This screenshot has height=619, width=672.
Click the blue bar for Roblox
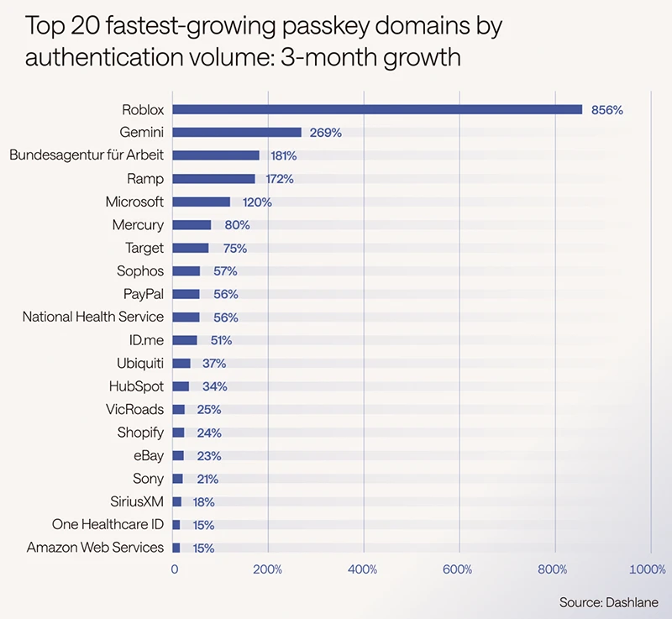(x=377, y=109)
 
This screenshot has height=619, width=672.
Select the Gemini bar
(x=237, y=133)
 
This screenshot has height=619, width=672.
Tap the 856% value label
(x=606, y=110)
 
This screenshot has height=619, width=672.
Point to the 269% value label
(x=325, y=133)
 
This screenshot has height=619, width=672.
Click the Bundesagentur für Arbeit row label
(x=87, y=155)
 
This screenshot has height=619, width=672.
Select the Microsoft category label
(x=134, y=202)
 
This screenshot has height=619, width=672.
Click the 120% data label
(x=255, y=202)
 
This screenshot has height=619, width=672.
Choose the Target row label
(x=144, y=248)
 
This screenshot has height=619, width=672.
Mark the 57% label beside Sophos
(x=225, y=271)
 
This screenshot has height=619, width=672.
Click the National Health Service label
(x=93, y=317)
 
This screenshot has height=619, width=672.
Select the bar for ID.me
(x=185, y=340)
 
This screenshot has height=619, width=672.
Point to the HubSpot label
(x=137, y=386)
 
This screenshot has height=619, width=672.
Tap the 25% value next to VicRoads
(x=208, y=410)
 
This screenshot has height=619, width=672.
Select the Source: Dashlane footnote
(x=609, y=602)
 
